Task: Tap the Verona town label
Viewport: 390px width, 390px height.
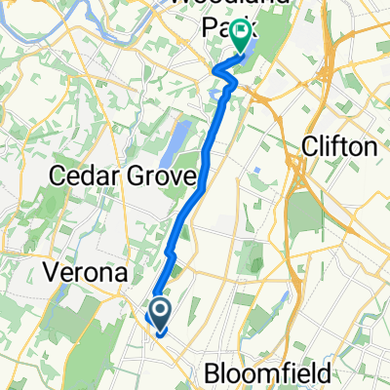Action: point(85,275)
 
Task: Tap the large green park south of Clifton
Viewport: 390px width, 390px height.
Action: point(304,214)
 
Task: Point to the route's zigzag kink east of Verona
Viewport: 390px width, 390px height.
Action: point(170,255)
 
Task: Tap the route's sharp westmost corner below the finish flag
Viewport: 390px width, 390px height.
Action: point(215,70)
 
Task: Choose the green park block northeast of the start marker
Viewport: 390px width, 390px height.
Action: point(252,258)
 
